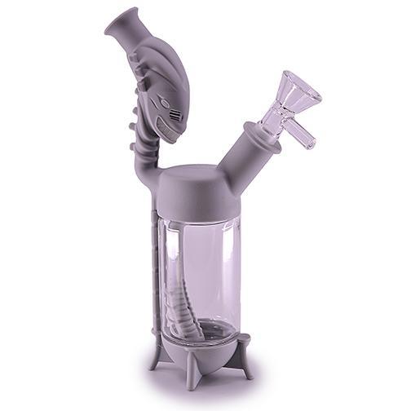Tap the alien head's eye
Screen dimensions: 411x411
(165, 103)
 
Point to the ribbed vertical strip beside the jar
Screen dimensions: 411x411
(154, 269)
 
